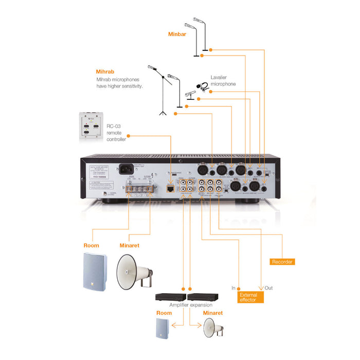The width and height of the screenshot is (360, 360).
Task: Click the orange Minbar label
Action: point(176,34)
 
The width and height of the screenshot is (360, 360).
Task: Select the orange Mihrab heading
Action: point(104,72)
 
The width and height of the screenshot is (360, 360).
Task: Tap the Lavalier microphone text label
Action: point(223,81)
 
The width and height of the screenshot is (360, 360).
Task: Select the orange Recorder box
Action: point(282,262)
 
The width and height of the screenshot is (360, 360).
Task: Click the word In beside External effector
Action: point(233,288)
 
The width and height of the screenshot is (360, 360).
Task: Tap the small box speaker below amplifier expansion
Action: point(161,329)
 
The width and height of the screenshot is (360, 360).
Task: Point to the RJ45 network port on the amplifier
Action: point(170,189)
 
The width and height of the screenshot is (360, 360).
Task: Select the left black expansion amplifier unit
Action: point(170,297)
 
